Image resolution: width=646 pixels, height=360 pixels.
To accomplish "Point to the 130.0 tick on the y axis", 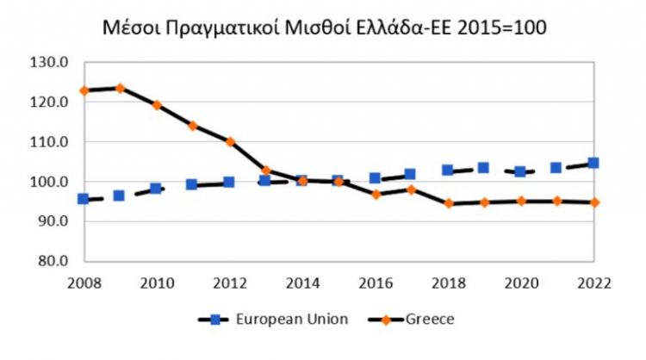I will coord(50,63).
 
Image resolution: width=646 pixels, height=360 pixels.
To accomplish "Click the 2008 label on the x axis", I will coord(84,282).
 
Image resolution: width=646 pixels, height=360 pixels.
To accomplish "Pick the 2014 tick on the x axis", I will coord(301,282).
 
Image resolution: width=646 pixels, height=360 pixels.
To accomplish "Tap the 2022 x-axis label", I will coord(593,282).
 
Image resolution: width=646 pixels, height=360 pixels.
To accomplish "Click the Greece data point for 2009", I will coord(120,88).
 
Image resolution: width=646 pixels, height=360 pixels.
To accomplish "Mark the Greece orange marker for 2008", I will coord(84,90).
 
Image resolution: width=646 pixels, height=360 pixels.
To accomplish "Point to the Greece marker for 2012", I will coord(229,141).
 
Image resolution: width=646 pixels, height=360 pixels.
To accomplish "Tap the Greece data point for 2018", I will coord(448,204).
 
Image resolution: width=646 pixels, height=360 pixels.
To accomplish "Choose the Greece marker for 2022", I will coord(593,202).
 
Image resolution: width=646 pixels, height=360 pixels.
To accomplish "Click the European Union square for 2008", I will coord(84,199).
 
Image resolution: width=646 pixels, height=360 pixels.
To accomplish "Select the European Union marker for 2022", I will coord(593,163).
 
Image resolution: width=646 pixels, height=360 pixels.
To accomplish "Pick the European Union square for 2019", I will coord(484,168).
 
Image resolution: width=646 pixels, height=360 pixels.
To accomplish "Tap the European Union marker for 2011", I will coord(192,184).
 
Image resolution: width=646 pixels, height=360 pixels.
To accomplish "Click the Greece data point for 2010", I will coord(156,105).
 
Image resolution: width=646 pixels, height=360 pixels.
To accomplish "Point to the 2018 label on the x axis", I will coord(448,282).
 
